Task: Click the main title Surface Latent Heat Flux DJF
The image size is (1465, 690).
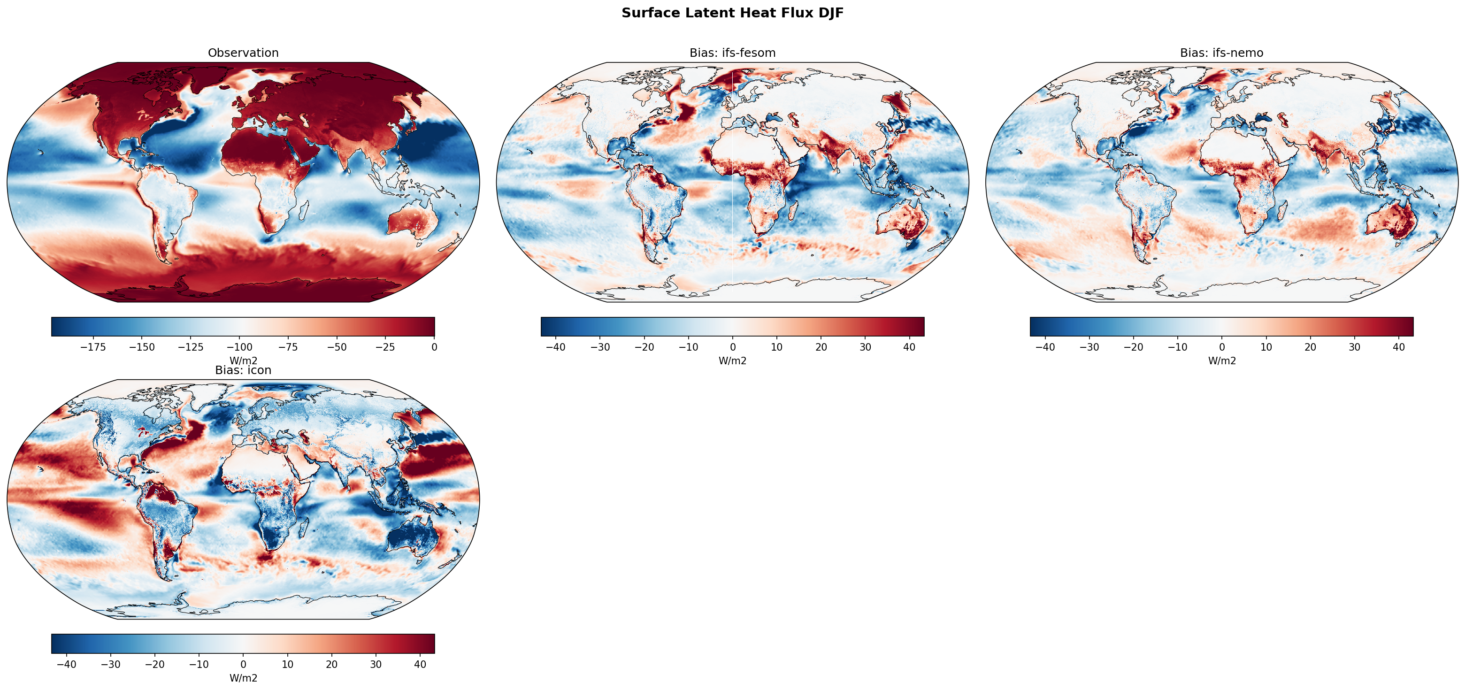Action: [x=732, y=13]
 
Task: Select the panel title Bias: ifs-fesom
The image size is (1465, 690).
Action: [x=732, y=53]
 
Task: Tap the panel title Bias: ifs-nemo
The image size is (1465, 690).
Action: [x=1221, y=53]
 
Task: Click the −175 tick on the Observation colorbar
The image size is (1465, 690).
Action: [x=93, y=347]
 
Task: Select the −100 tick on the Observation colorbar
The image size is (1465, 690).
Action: [x=239, y=347]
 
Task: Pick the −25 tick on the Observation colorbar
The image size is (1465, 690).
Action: [x=385, y=347]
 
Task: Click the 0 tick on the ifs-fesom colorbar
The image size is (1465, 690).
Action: [x=732, y=347]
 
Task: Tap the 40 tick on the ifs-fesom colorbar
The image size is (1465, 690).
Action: [x=909, y=347]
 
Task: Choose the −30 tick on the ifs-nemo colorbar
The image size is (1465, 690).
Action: [x=1089, y=347]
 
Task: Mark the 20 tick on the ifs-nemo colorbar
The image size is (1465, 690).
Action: [x=1310, y=347]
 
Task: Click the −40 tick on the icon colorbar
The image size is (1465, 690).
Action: [x=67, y=664]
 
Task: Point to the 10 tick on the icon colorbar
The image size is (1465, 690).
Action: [x=287, y=664]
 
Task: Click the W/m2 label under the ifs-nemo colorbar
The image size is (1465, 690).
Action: [x=1221, y=360]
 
